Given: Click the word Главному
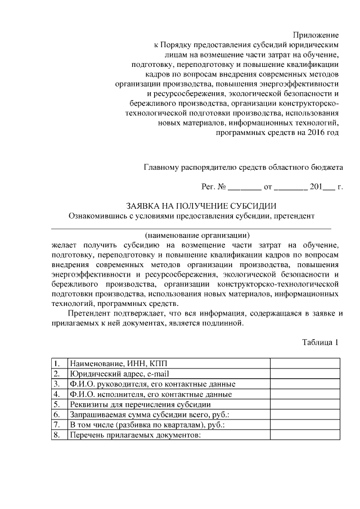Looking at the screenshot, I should (163, 166).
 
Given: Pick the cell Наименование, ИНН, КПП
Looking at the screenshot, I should (110, 363).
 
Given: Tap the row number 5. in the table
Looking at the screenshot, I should (57, 404).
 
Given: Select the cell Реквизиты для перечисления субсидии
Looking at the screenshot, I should (136, 404).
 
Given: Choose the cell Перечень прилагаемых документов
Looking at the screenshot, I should (134, 435).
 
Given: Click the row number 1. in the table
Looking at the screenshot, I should (57, 363).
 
